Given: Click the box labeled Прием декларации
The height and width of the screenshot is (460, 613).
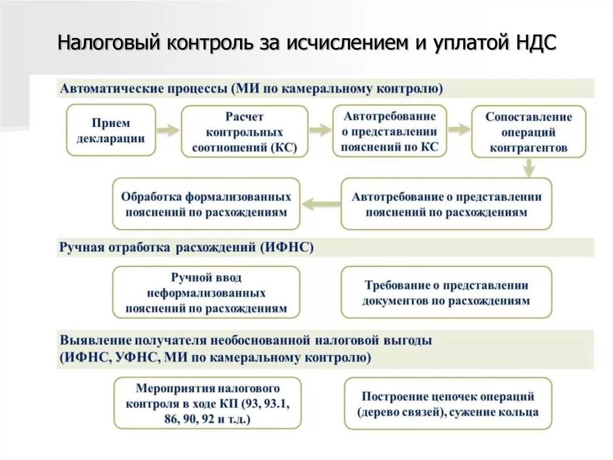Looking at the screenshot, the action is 111,131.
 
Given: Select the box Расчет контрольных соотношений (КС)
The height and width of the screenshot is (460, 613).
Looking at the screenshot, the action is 244,132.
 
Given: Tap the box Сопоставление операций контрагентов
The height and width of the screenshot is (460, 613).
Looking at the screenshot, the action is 529,132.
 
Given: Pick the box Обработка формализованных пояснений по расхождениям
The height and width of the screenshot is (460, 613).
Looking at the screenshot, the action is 206,204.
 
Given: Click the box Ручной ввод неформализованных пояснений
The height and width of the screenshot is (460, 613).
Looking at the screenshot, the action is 206,293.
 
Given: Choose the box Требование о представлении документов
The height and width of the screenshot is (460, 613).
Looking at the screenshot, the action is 446,293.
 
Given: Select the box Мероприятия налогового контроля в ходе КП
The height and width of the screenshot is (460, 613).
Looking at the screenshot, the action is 207,403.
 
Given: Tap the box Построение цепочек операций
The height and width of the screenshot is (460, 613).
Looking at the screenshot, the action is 448,404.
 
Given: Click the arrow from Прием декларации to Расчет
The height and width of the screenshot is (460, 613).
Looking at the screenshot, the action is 168,130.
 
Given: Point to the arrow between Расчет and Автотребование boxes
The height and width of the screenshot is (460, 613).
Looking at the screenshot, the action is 320,130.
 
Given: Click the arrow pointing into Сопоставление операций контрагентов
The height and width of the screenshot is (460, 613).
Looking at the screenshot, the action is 459,130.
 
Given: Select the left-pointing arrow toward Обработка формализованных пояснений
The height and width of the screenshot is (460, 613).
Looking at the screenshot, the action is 320,204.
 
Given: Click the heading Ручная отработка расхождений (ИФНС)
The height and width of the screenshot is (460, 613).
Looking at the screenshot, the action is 186,247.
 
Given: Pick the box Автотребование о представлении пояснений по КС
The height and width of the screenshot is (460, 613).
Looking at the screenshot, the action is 390,132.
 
